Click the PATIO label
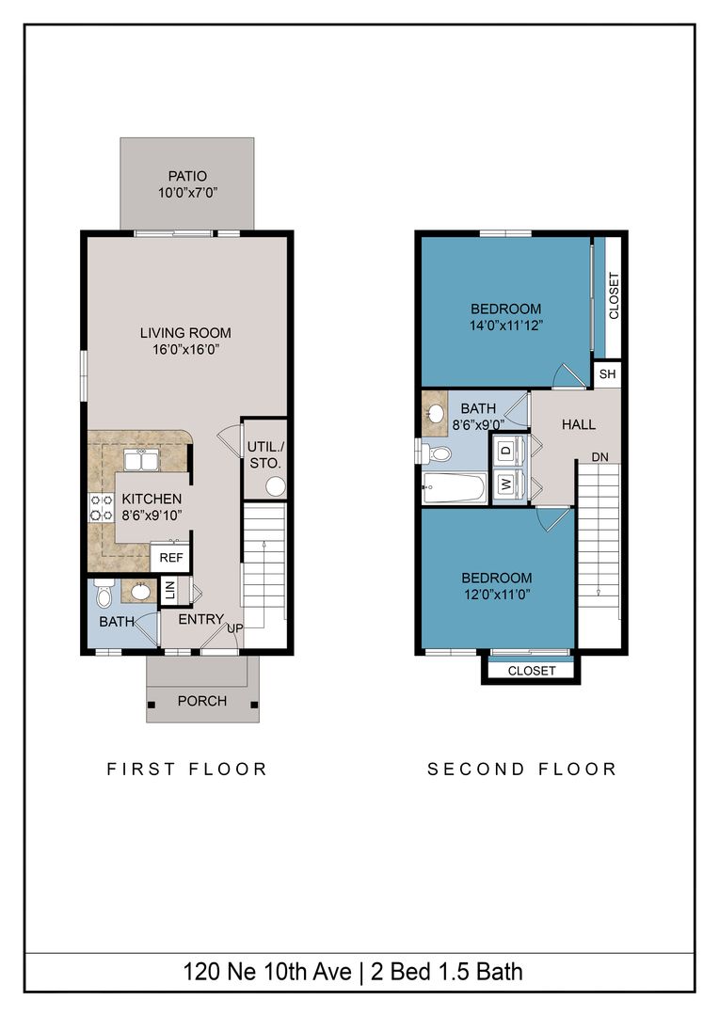(x=187, y=176)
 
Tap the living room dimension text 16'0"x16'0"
(x=185, y=350)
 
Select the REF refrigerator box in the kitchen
(x=171, y=557)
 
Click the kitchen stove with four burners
(x=101, y=507)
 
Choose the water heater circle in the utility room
(x=276, y=486)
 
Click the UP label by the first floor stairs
(x=234, y=627)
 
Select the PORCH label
(x=202, y=701)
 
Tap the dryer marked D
(x=507, y=449)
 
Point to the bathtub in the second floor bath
(x=454, y=488)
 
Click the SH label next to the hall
(x=608, y=373)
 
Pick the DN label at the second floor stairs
(x=599, y=457)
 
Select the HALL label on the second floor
(x=579, y=424)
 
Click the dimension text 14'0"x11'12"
(x=505, y=325)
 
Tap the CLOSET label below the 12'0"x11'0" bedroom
(x=532, y=671)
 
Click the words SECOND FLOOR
(x=522, y=770)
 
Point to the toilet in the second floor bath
(x=435, y=452)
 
